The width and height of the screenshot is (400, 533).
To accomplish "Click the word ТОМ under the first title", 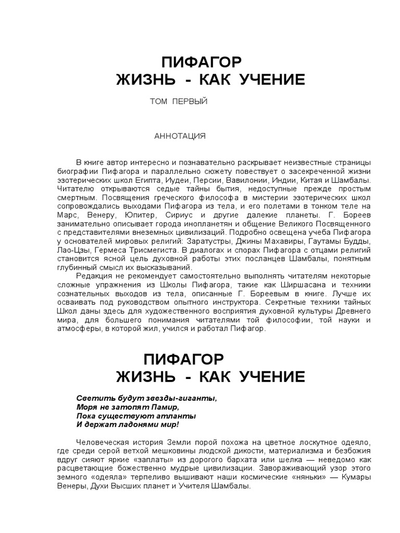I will pos(158,101).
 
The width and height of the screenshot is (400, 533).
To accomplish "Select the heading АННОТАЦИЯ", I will pos(180,136).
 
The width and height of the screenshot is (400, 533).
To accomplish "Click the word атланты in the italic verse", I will pos(178,416).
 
